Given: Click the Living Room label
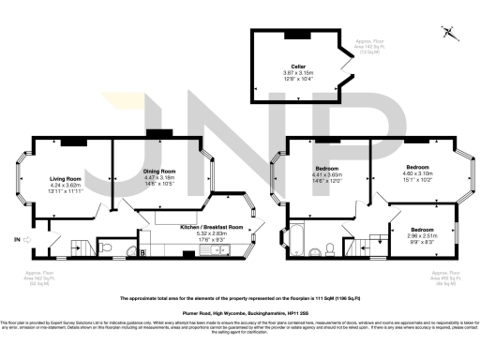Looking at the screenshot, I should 66,178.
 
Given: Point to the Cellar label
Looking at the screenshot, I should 298,67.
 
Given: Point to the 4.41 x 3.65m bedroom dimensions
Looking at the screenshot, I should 326,176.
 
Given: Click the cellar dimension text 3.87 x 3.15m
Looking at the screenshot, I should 298,73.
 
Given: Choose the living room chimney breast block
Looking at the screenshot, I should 73,141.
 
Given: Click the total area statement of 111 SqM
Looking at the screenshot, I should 240,297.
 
